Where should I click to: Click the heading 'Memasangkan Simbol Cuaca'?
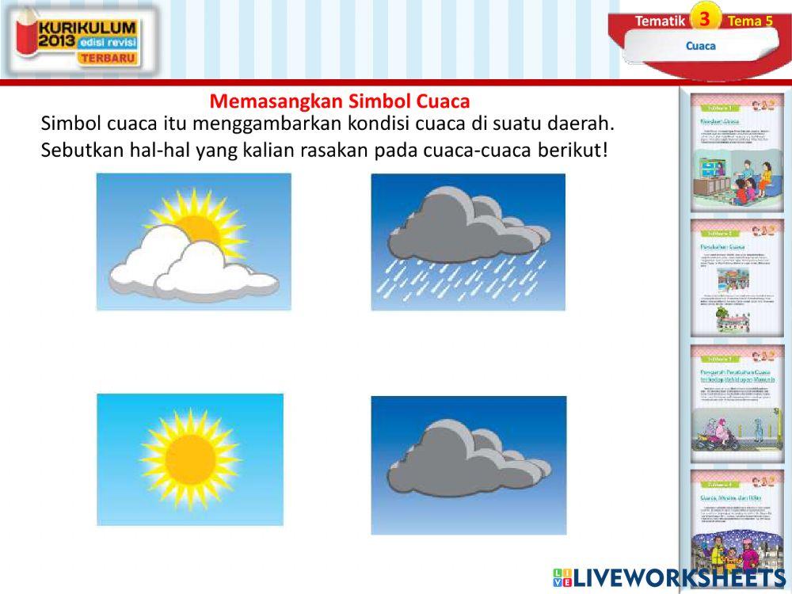pyautogui.click(x=340, y=101)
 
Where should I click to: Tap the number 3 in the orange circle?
pyautogui.click(x=705, y=17)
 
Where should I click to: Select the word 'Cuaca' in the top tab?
pyautogui.click(x=700, y=46)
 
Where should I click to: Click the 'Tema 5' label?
pyautogui.click(x=748, y=21)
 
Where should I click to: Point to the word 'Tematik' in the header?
pyautogui.click(x=659, y=21)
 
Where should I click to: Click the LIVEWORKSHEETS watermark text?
pyautogui.click(x=677, y=577)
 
